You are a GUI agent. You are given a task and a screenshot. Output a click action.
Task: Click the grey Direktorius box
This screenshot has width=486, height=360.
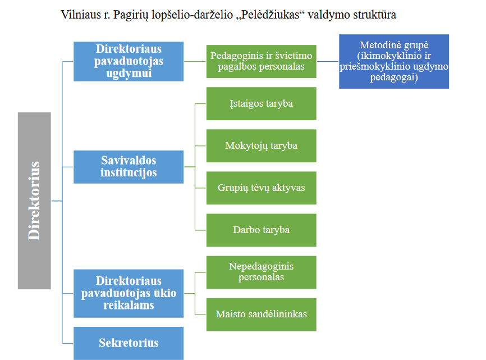pos(34,200)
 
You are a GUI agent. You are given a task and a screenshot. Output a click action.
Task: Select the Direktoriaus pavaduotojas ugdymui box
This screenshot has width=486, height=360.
pos(129,61)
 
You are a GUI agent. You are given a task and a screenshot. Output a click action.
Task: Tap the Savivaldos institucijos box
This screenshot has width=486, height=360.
pos(129,167)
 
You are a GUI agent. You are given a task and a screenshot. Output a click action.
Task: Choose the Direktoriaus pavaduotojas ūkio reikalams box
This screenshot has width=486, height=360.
pos(129,293)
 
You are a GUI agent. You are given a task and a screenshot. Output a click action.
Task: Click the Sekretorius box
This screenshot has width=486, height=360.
pos(129,343)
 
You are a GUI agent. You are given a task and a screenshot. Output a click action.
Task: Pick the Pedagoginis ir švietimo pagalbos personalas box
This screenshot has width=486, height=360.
pos(262,61)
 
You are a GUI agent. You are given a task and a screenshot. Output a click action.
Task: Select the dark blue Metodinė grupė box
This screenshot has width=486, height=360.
pos(394,61)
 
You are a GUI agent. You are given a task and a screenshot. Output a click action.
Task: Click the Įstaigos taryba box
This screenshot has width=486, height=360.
pos(262,103)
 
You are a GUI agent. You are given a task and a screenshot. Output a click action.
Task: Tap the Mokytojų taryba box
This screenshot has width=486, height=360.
pos(262,145)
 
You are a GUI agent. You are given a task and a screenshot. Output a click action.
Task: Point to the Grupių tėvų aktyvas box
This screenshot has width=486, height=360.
pos(262,188)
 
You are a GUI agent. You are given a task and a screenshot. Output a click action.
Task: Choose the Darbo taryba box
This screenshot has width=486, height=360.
pos(262,230)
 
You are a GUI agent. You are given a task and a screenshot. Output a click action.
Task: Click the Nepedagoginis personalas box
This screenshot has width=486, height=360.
pos(262,272)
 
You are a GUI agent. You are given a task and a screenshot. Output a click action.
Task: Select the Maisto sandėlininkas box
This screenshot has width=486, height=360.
pos(262,315)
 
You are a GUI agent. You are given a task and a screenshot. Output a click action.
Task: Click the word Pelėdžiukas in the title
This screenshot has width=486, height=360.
pos(269,15)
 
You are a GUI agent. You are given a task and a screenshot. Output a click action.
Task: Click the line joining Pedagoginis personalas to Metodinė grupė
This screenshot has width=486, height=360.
pos(328,61)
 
